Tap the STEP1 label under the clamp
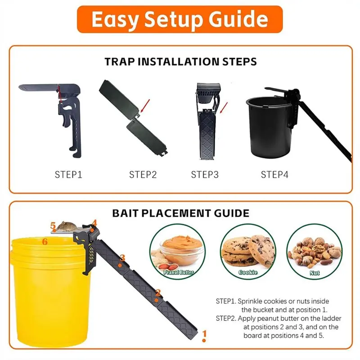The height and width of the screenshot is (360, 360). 68,175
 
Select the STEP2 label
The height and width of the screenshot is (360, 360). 143,175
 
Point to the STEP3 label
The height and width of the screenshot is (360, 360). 205,175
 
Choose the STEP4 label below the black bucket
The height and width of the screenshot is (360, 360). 274,175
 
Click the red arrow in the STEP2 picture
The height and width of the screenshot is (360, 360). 145,106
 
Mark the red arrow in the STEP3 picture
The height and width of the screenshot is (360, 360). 224,108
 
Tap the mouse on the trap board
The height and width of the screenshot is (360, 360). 67,225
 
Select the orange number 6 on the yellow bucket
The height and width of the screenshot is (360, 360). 45,242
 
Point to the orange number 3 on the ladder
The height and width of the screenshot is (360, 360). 122,258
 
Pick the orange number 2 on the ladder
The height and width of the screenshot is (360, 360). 158,293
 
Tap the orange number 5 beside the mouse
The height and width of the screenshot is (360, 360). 53,225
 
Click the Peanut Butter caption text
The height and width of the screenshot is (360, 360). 178,272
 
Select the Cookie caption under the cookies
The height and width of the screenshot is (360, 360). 248,272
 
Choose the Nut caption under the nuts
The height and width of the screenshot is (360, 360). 314,273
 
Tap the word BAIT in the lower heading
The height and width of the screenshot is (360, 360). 125,213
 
